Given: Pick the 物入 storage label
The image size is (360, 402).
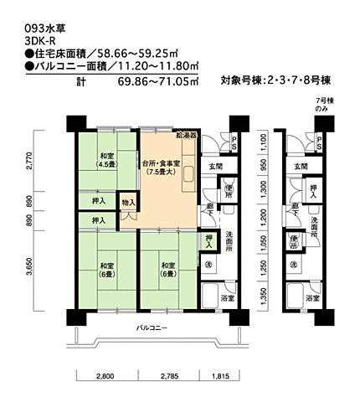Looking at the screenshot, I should click(129, 202).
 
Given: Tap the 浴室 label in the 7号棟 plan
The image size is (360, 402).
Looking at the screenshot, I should click(311, 298).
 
